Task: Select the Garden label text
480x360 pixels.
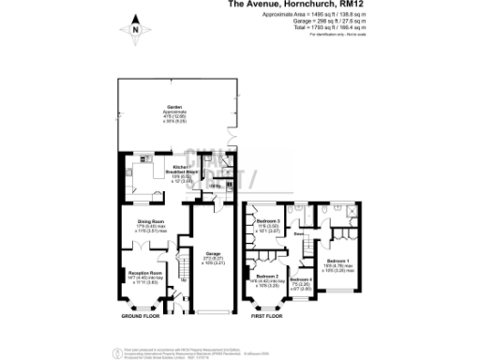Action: (x=173, y=107)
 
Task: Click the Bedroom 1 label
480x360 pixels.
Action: (x=339, y=261)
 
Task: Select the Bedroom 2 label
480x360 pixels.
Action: (x=270, y=277)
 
